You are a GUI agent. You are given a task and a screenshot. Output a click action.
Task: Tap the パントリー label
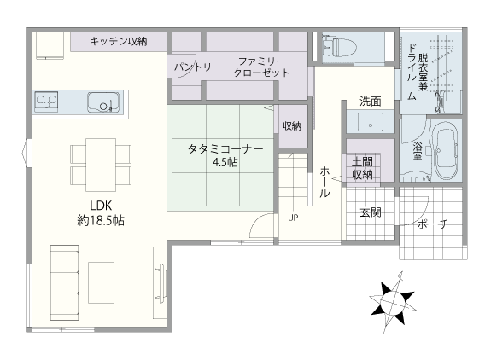tap(197, 67)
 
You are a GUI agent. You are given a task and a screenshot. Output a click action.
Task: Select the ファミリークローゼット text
tap(262, 67)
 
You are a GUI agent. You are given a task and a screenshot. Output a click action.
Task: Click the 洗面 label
tap(370, 102)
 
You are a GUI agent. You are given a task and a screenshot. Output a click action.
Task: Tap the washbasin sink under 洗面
tap(370, 123)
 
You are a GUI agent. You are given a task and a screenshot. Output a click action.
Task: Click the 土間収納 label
tap(361, 168)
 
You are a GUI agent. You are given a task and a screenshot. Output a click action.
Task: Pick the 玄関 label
tap(370, 212)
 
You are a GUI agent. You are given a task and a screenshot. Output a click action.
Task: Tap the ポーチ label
tap(433, 224)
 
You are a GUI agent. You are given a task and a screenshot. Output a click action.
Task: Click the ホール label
tap(324, 182)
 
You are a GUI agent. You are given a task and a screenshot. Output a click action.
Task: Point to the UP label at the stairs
tap(293, 217)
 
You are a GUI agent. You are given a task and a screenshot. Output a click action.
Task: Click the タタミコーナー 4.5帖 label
tap(225, 155)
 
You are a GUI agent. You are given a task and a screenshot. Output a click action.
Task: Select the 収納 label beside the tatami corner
tap(291, 126)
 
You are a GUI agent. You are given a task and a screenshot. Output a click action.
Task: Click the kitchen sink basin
tap(103, 102)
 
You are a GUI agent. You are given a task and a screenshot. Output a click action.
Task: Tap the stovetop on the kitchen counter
tap(46, 102)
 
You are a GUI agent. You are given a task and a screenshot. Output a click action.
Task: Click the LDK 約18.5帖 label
tap(101, 212)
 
